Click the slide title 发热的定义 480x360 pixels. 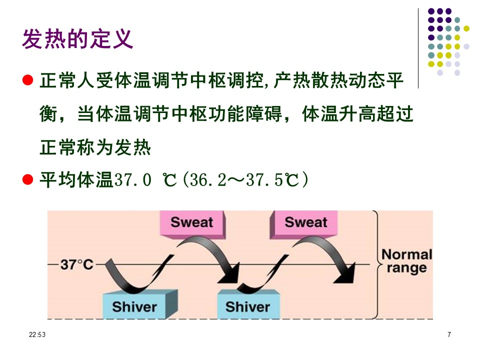[77, 39]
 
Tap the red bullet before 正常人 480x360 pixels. [28, 80]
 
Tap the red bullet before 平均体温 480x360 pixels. [28, 179]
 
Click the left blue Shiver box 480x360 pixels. [140, 304]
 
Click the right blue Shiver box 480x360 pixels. [248, 304]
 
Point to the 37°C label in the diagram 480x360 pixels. [76, 264]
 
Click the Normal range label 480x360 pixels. [407, 261]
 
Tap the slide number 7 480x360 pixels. [449, 334]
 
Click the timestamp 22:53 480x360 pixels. [37, 334]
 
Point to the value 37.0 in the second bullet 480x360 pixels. [132, 179]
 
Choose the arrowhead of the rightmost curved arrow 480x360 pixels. [345, 273]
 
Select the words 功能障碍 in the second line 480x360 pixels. [245, 114]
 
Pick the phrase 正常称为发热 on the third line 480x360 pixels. [95, 147]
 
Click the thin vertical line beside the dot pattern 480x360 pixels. [418, 48]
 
